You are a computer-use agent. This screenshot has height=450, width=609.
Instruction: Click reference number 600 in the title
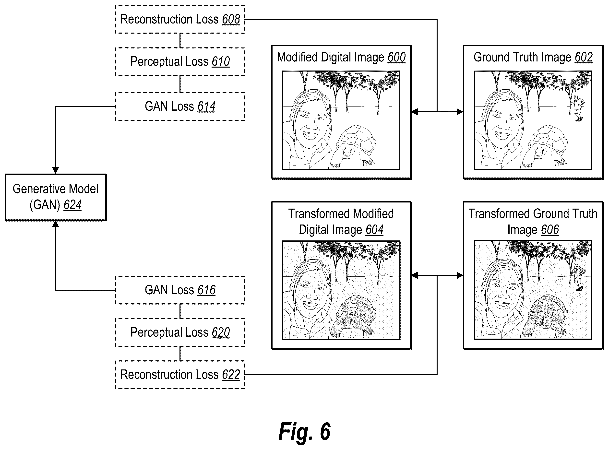coord(396,58)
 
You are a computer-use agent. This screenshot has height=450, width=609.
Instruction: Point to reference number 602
coord(584,58)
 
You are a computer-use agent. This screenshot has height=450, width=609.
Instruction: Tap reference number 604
coord(374,230)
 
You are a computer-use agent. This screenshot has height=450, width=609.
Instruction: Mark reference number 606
coord(550,230)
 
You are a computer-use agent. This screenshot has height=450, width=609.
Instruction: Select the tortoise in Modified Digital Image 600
coord(353,146)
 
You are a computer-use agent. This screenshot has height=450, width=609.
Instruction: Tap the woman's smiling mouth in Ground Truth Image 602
coord(502,135)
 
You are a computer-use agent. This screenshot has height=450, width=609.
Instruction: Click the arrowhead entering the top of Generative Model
coord(56,170)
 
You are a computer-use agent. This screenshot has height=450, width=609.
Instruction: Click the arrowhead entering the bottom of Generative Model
coord(56,224)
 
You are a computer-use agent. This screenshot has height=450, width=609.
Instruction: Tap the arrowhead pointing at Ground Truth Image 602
coord(460,112)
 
